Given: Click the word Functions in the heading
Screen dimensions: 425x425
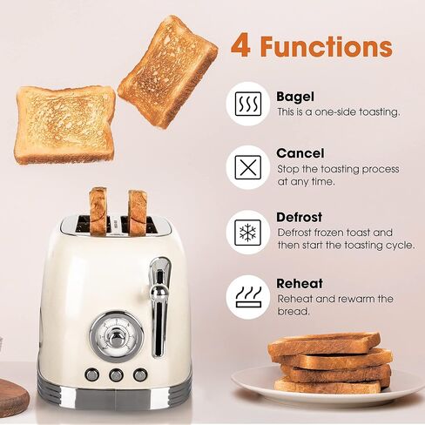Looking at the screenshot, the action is point(326,46).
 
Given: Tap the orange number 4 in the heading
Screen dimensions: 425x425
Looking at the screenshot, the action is point(240,46).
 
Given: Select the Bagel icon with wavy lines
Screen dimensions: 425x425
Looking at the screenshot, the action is point(248,104).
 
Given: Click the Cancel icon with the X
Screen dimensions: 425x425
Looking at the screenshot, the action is point(248,167).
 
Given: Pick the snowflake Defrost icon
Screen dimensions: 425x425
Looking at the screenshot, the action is point(247,233).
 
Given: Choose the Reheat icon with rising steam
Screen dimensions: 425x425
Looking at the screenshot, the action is point(248,297).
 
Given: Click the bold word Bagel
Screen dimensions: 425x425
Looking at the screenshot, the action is point(295,97).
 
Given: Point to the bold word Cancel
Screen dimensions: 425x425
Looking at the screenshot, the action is point(300,153).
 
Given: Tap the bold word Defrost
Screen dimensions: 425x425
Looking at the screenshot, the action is point(299,217).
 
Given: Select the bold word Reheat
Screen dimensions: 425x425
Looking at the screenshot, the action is point(300,284).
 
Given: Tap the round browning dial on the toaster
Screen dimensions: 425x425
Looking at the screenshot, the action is point(117,337).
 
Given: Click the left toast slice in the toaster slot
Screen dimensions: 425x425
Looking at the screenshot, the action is point(98,211).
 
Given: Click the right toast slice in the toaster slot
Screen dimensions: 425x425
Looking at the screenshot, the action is point(138,212).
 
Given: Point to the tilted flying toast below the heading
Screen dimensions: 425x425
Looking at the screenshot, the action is point(168,71).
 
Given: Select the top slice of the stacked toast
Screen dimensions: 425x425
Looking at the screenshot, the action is point(324,344).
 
